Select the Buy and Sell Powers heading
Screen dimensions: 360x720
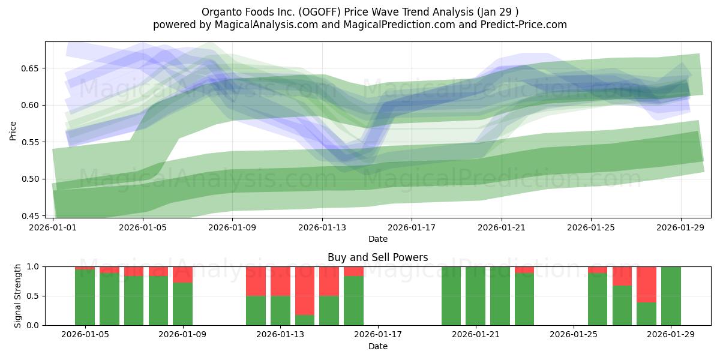[x=377, y=257]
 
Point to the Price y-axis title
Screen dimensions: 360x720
[x=13, y=130]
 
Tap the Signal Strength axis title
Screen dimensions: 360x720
[x=18, y=295]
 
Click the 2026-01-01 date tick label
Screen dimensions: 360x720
[x=53, y=227]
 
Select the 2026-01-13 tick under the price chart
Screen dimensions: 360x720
[x=322, y=227]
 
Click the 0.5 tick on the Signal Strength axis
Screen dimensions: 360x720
[x=34, y=296]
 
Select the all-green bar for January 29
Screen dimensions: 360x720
[x=671, y=296]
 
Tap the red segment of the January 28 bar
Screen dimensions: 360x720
[x=646, y=284]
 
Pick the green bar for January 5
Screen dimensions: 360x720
[x=85, y=297]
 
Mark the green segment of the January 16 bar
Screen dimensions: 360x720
[x=353, y=301]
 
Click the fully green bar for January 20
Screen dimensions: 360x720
[x=451, y=296]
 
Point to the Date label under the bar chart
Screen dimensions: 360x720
[x=377, y=346]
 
